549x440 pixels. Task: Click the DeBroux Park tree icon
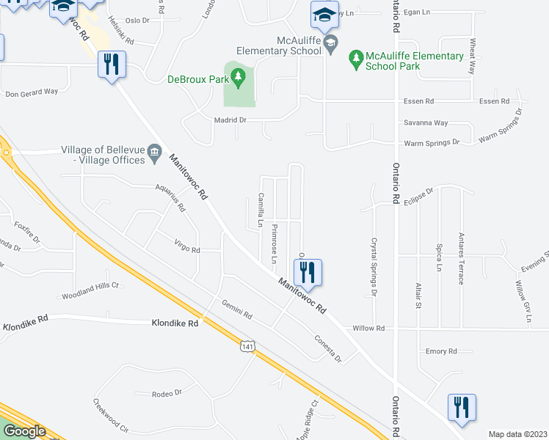click(x=238, y=76)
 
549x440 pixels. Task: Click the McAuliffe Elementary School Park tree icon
click(x=356, y=57)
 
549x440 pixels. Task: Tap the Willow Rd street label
click(x=368, y=329)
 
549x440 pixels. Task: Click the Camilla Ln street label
click(x=260, y=210)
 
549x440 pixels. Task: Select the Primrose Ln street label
click(x=273, y=243)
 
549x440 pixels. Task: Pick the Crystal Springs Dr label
click(x=374, y=266)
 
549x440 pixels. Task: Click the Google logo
click(x=23, y=431)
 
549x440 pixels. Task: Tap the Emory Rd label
click(x=441, y=351)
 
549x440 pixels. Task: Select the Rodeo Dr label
click(x=167, y=393)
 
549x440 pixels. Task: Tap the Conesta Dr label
click(x=327, y=348)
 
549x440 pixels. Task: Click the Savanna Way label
click(x=426, y=123)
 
